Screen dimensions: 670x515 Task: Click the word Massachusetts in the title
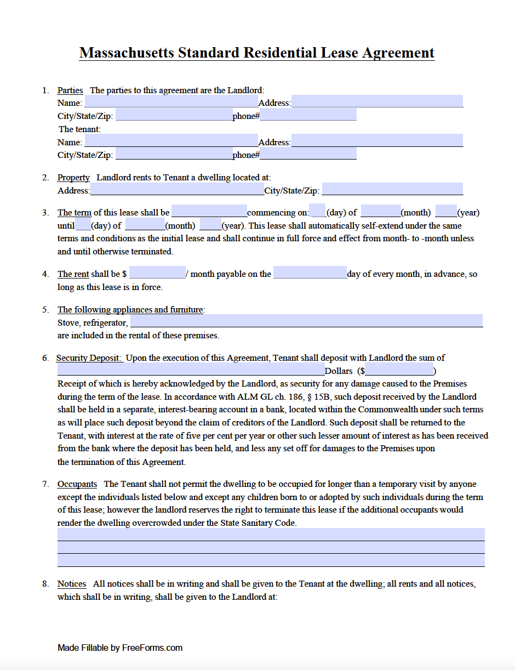click(x=126, y=53)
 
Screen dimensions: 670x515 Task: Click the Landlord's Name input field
click(x=170, y=102)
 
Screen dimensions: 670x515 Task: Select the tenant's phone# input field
click(x=308, y=154)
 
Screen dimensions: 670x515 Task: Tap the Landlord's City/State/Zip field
click(x=174, y=115)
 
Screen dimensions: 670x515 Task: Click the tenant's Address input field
click(x=377, y=141)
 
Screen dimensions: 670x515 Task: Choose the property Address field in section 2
click(x=177, y=190)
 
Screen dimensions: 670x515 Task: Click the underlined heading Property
click(x=73, y=177)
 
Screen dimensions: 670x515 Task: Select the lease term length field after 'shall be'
click(x=209, y=212)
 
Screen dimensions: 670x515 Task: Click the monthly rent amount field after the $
click(x=157, y=273)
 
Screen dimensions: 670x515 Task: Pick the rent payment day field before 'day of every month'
click(x=310, y=273)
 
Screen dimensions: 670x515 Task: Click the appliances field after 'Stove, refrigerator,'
click(x=306, y=321)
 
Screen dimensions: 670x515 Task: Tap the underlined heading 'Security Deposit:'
click(x=89, y=357)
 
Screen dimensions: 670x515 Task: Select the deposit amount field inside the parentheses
click(x=399, y=370)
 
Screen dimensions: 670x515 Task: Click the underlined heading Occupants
click(x=77, y=484)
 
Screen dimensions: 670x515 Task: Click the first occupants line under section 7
click(x=271, y=534)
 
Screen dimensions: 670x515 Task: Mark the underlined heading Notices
click(x=72, y=584)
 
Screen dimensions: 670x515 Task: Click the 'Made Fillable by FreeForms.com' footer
click(x=120, y=648)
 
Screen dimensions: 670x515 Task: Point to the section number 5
click(x=45, y=309)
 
